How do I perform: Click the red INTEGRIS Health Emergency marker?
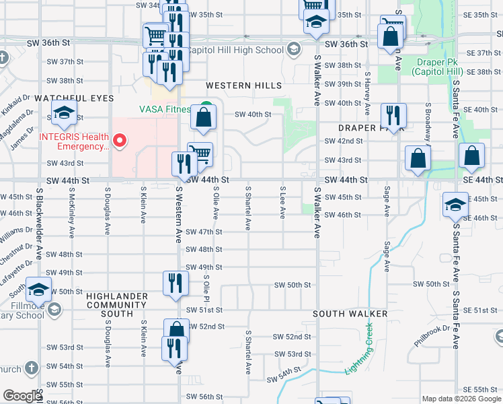120,140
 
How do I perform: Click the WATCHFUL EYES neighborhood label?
75,98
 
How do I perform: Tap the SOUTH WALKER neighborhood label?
350,314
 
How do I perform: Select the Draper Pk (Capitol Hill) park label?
439,67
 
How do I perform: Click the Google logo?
22,396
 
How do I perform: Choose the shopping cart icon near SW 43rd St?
200,154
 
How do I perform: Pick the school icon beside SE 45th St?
455,204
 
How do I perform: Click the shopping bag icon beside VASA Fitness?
204,118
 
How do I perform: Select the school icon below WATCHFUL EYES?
64,112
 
